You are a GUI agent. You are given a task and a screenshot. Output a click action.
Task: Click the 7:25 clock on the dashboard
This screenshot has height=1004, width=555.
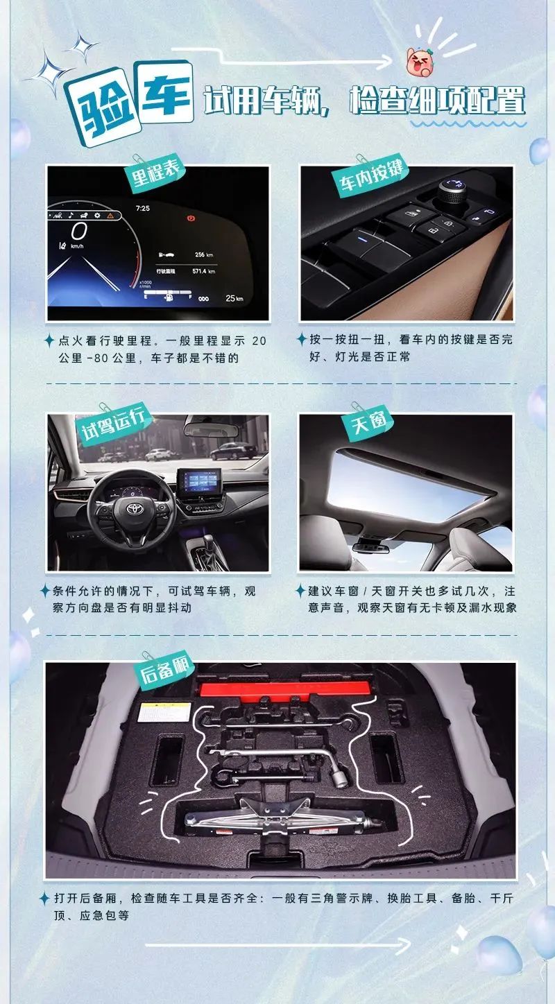coord(142,209)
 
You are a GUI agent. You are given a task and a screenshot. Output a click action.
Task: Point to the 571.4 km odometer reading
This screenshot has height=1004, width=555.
coord(203,271)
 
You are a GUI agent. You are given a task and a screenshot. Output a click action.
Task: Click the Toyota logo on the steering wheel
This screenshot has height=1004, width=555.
coord(133,509)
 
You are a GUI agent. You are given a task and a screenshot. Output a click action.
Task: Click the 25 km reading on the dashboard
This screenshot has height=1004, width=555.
coord(234,298)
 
